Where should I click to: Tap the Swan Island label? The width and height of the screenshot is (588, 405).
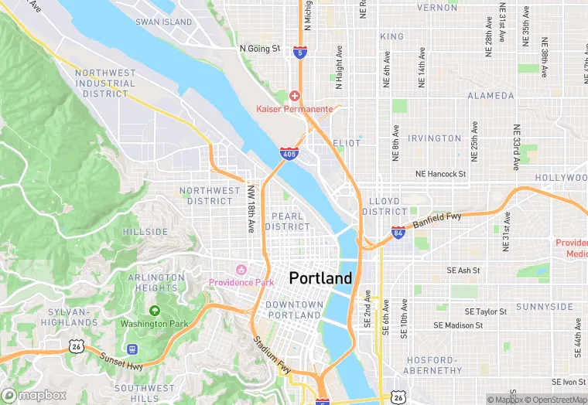163,22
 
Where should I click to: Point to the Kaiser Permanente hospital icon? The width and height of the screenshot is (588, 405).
294,96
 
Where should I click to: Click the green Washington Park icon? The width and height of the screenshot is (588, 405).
154,311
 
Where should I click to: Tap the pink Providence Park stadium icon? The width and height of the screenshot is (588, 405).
240,270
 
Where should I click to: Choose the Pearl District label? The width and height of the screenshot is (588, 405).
286,221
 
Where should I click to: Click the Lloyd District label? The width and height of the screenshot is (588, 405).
384,206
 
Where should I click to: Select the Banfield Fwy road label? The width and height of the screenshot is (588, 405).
436,221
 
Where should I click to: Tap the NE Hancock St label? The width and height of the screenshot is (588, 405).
440,175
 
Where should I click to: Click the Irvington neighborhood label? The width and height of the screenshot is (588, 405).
435,138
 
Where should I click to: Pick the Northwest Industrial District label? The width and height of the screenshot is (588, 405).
105,83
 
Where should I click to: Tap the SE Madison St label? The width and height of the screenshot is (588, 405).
458,325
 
